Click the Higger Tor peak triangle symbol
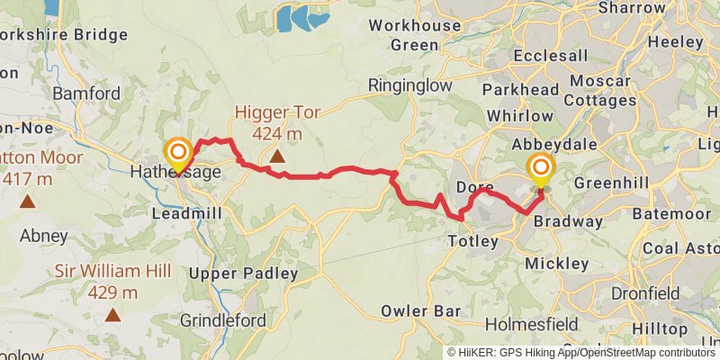coord(277,157)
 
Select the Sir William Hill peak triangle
coord(112,314)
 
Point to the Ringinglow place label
coord(409,85)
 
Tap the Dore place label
coord(474,186)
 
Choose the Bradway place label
coord(568,221)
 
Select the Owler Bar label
coord(415,311)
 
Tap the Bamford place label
coord(86,94)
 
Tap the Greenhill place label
coord(607,182)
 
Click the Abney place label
coord(44,236)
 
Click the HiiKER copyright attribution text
coord(580,353)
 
